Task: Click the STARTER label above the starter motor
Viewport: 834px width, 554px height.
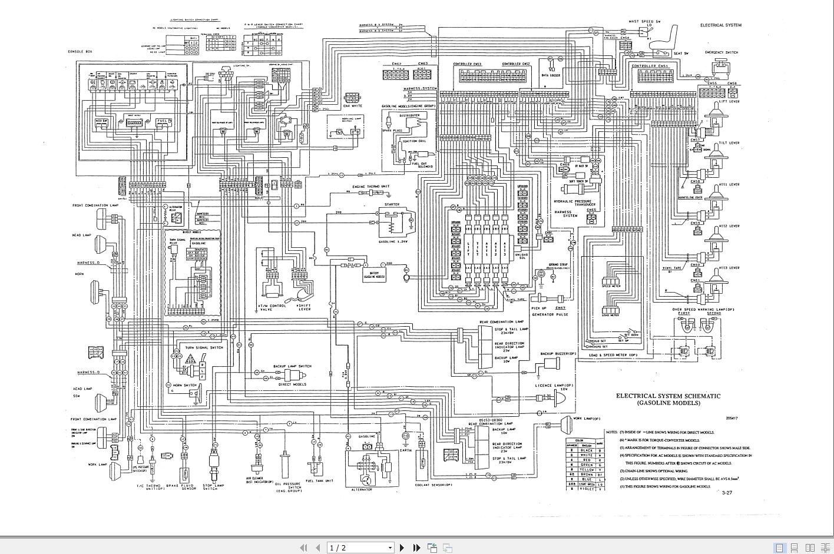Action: (x=392, y=204)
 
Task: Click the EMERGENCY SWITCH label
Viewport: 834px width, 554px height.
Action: (x=722, y=52)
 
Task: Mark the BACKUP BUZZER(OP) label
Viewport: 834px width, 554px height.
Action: (x=558, y=354)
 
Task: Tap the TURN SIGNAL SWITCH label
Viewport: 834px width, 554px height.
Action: (x=204, y=348)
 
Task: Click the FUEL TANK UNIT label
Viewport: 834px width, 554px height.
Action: (x=319, y=481)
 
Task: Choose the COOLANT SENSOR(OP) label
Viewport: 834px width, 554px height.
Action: (x=433, y=485)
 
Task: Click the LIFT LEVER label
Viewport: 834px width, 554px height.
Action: (x=729, y=101)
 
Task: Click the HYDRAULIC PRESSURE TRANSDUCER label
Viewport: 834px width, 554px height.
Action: (x=575, y=204)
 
